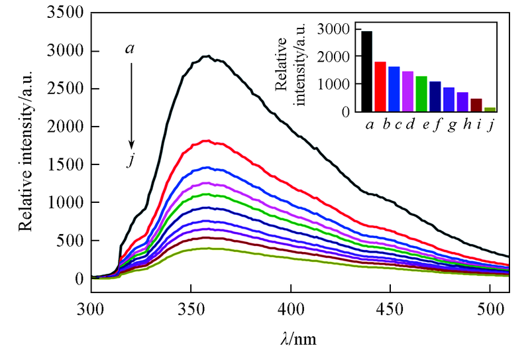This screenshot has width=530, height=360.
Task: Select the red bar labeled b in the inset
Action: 380,87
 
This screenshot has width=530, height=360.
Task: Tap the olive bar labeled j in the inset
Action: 490,109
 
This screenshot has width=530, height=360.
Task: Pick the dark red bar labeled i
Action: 476,105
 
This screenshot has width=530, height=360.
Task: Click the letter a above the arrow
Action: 131,48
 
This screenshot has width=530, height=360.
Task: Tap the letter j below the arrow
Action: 131,160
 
